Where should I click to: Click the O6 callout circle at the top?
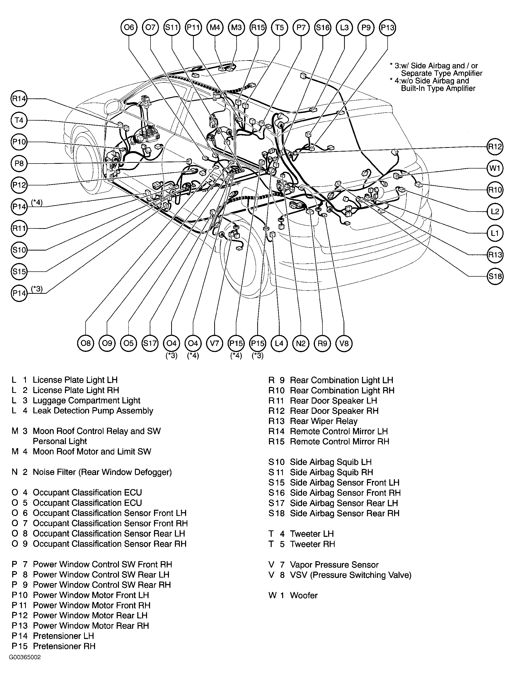[129, 28]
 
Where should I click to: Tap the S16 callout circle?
[323, 28]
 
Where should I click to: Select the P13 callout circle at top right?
[388, 28]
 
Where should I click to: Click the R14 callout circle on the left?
[19, 99]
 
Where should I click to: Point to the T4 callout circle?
[19, 120]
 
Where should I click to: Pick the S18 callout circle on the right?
[495, 276]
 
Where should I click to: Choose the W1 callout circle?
[495, 168]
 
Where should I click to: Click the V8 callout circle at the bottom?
[344, 343]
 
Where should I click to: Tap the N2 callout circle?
[301, 343]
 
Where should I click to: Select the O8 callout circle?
[85, 343]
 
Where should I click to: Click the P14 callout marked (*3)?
[19, 293]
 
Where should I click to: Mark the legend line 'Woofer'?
[304, 595]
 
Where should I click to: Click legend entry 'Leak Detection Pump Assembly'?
[93, 411]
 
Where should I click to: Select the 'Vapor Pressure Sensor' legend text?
[334, 565]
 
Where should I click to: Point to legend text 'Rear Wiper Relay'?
[323, 421]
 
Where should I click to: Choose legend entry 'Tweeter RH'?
[312, 544]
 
